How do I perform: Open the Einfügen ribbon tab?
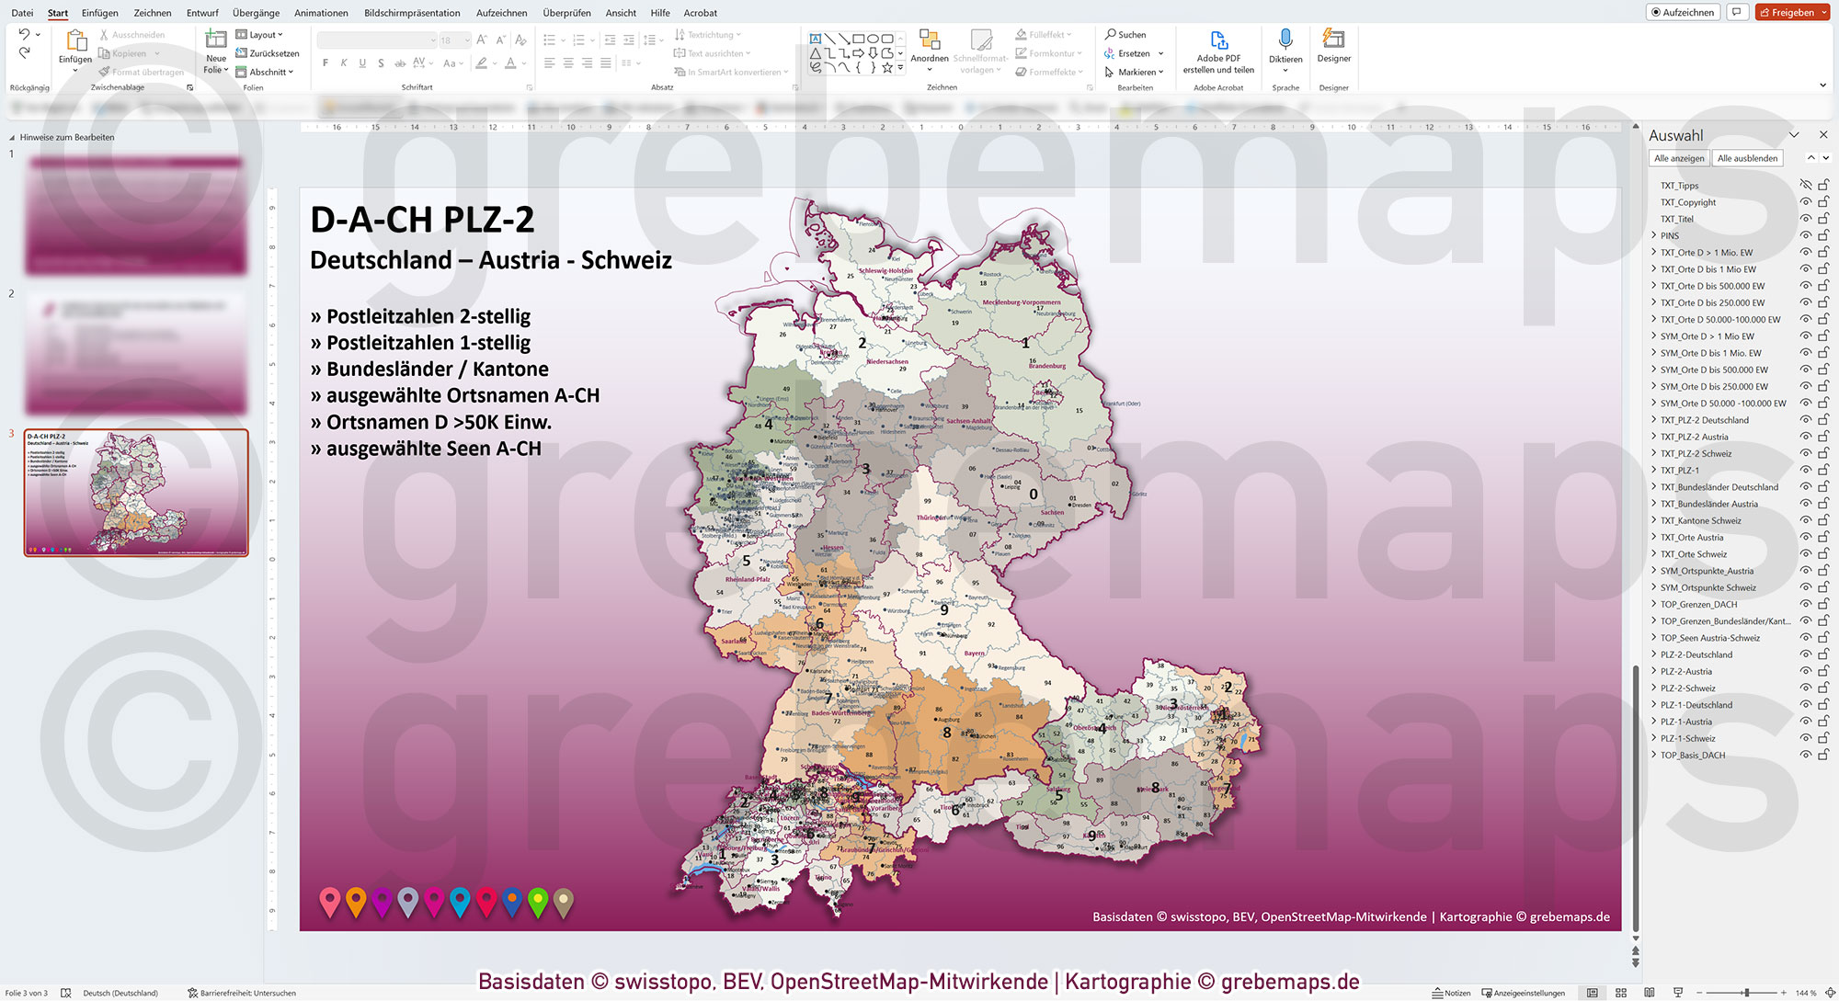click(x=99, y=13)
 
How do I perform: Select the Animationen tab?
click(x=321, y=13)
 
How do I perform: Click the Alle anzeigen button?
click(x=1678, y=158)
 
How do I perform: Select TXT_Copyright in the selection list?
click(x=1688, y=202)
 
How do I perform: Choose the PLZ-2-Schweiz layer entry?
click(x=1688, y=688)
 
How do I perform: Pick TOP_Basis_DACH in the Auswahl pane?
click(x=1693, y=756)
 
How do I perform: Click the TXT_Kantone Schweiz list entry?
click(x=1700, y=521)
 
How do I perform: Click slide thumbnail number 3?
click(x=136, y=492)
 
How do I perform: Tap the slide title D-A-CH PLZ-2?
click(x=422, y=220)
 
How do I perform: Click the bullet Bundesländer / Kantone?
click(x=437, y=370)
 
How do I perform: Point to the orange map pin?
click(x=356, y=901)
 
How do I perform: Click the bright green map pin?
click(x=538, y=901)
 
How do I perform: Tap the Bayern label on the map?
click(x=974, y=654)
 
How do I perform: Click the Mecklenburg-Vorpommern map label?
click(x=1021, y=302)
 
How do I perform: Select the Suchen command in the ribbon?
click(x=1126, y=35)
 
